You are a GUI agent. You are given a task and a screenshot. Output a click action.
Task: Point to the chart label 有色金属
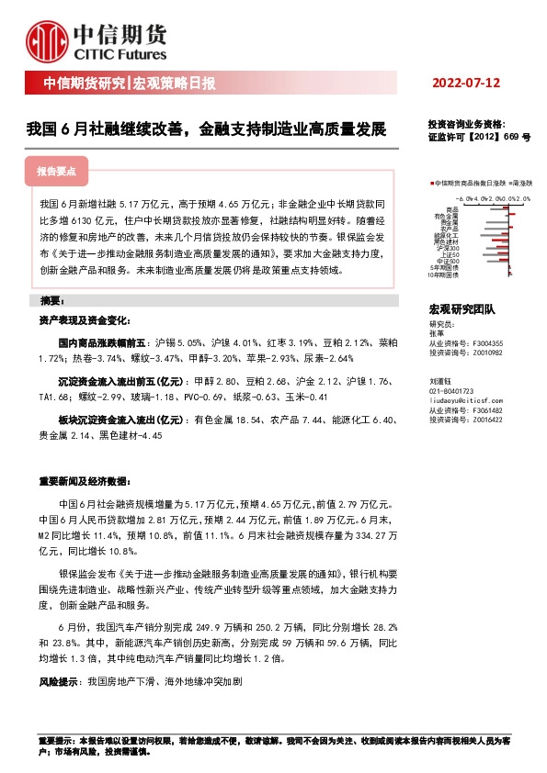click(x=449, y=216)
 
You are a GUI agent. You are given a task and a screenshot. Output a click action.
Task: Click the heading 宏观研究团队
click(x=462, y=310)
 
